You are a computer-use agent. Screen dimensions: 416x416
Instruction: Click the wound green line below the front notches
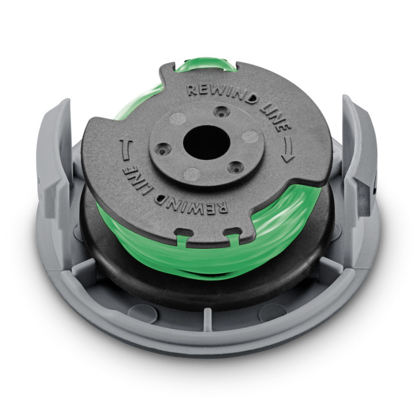[x=211, y=253]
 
